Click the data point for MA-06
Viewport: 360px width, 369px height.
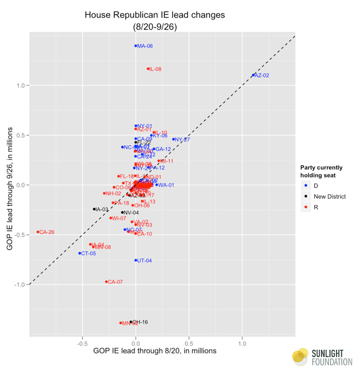pos(136,46)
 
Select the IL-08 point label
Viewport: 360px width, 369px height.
pos(155,69)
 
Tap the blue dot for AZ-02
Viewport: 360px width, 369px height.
pos(253,75)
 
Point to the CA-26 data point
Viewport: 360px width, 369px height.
pos(38,232)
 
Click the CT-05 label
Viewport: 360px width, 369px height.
pos(88,254)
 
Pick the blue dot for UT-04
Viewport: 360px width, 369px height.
pos(136,260)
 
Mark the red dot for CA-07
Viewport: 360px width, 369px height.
pos(106,281)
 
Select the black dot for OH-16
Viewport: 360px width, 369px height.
pos(131,322)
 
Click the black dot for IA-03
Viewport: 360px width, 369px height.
pos(94,209)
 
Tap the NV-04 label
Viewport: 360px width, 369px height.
pos(131,212)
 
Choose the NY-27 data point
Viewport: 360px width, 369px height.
pos(173,139)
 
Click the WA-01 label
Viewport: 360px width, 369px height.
pos(166,185)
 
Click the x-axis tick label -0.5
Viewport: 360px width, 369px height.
pos(82,344)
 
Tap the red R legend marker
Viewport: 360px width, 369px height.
pos(307,207)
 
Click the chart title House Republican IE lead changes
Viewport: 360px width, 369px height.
pos(155,14)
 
